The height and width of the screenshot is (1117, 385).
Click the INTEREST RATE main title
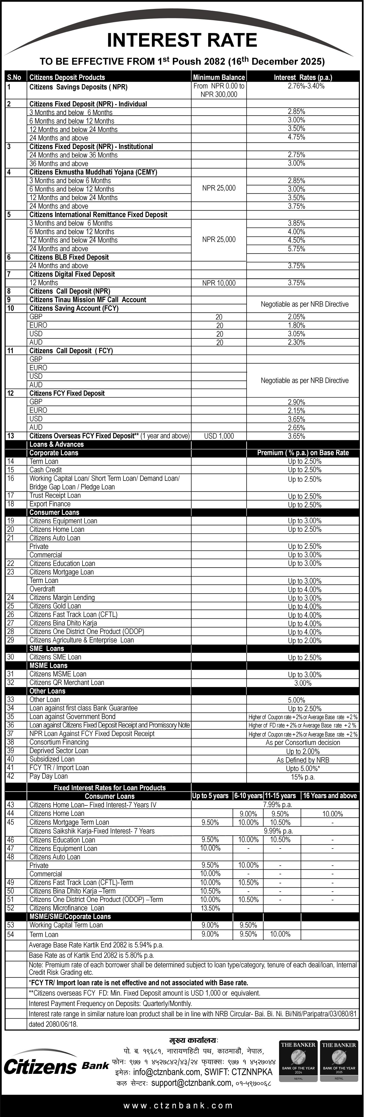click(x=182, y=40)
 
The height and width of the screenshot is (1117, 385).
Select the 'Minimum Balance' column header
click(x=219, y=77)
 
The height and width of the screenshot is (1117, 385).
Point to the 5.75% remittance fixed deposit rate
click(x=297, y=249)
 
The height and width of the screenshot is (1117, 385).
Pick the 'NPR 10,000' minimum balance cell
click(x=219, y=283)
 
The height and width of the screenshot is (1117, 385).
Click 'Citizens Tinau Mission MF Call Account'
click(x=88, y=300)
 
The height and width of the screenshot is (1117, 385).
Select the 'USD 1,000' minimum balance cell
click(x=219, y=436)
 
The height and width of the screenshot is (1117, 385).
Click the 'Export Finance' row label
click(x=50, y=504)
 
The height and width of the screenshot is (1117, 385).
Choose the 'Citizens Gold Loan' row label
click(x=55, y=606)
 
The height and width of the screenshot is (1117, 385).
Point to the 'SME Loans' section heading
click(x=46, y=649)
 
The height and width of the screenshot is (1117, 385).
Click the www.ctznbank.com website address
click(x=178, y=1106)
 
